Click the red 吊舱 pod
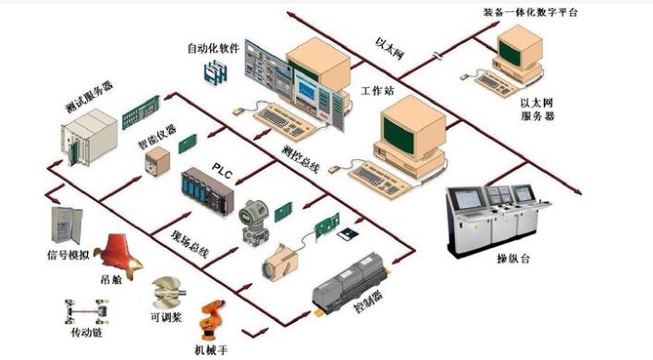[x=122, y=255]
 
